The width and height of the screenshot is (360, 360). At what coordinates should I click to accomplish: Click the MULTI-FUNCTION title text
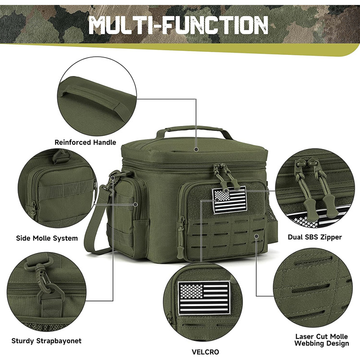(x=178, y=25)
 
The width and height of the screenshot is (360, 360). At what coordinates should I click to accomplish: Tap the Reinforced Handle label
(x=85, y=142)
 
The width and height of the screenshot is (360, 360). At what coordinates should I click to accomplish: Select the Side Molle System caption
(x=47, y=238)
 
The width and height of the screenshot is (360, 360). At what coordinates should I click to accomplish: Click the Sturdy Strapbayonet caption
(x=46, y=341)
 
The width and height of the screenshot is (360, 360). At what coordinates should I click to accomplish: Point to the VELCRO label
(x=205, y=352)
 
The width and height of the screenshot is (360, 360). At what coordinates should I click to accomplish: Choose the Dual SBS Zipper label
(x=315, y=237)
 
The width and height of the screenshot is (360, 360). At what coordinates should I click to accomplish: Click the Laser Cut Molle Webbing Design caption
(x=322, y=340)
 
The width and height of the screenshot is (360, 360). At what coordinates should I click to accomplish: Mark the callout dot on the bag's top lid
(x=196, y=149)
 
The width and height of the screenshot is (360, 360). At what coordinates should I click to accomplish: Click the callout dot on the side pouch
(x=136, y=204)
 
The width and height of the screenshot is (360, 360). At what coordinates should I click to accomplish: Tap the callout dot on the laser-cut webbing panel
(x=256, y=236)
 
